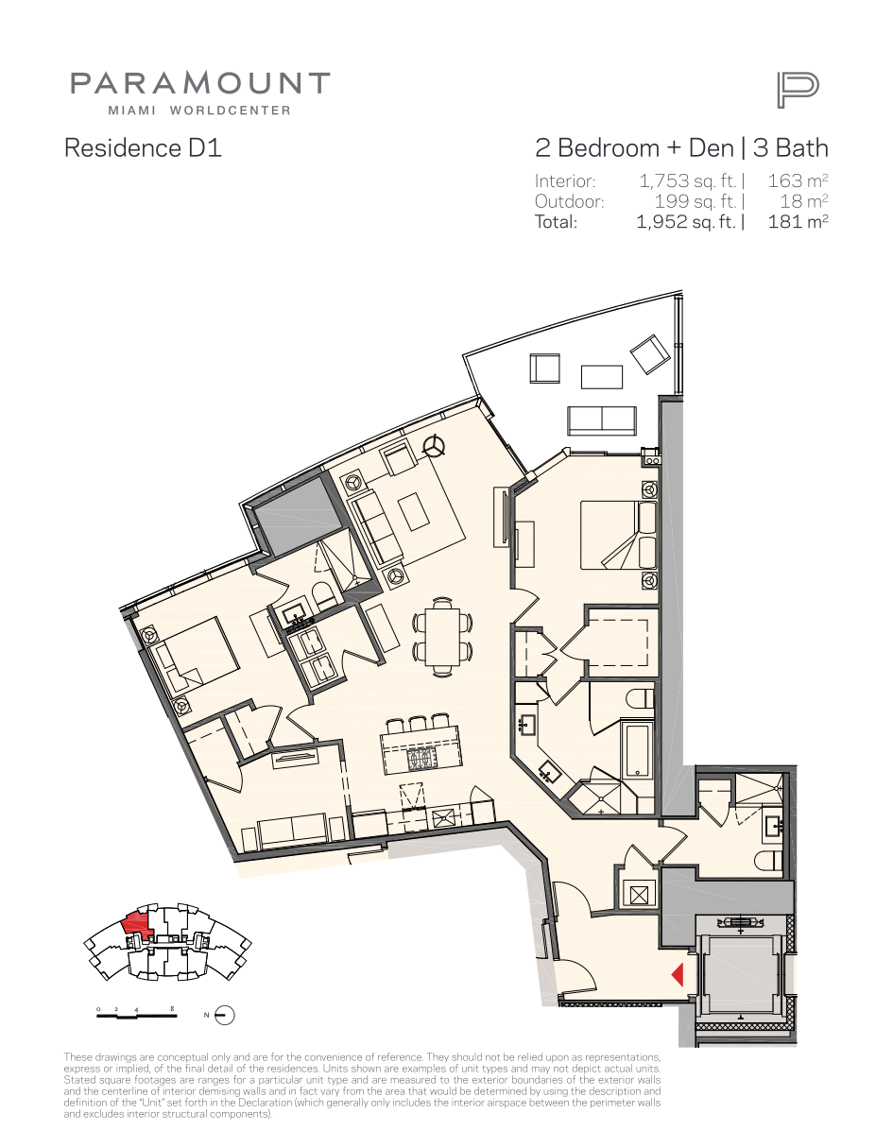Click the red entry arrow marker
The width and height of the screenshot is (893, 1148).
(678, 974)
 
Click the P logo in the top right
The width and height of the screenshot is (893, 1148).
(798, 91)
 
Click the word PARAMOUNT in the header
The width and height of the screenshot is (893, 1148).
(200, 83)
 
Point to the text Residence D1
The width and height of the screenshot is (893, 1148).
(143, 147)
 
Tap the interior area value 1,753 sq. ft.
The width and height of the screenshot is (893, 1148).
(687, 181)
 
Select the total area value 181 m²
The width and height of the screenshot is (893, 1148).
(798, 221)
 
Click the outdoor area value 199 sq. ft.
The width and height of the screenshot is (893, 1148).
(696, 201)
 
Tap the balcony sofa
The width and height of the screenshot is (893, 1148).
(602, 420)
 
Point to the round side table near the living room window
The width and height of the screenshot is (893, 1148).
(434, 446)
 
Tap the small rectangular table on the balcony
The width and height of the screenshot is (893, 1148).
(602, 377)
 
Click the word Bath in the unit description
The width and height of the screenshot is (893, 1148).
(801, 147)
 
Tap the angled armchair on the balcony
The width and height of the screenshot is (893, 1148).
(650, 354)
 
